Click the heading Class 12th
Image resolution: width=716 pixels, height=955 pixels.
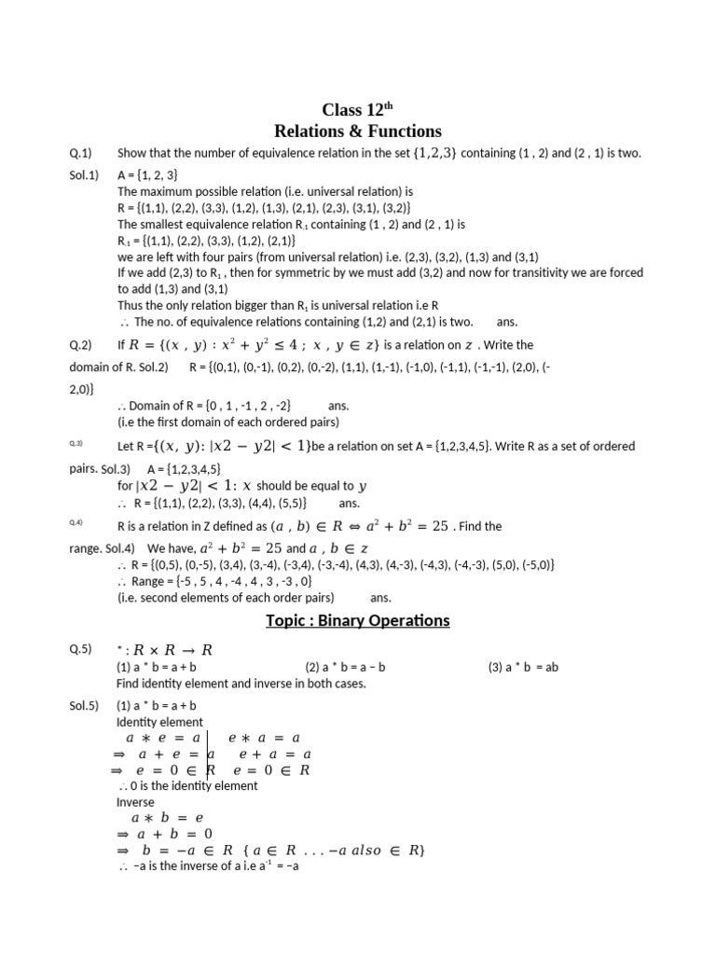pos(357,110)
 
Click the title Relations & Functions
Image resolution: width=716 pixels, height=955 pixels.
pos(357,131)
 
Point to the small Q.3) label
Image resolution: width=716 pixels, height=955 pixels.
pos(77,442)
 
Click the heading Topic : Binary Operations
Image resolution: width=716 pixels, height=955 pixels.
pos(357,621)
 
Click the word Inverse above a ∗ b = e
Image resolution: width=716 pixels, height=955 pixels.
pos(136,802)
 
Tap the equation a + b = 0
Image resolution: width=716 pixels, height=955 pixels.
pos(163,834)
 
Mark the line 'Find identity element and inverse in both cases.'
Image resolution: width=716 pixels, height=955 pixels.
pos(241,684)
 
